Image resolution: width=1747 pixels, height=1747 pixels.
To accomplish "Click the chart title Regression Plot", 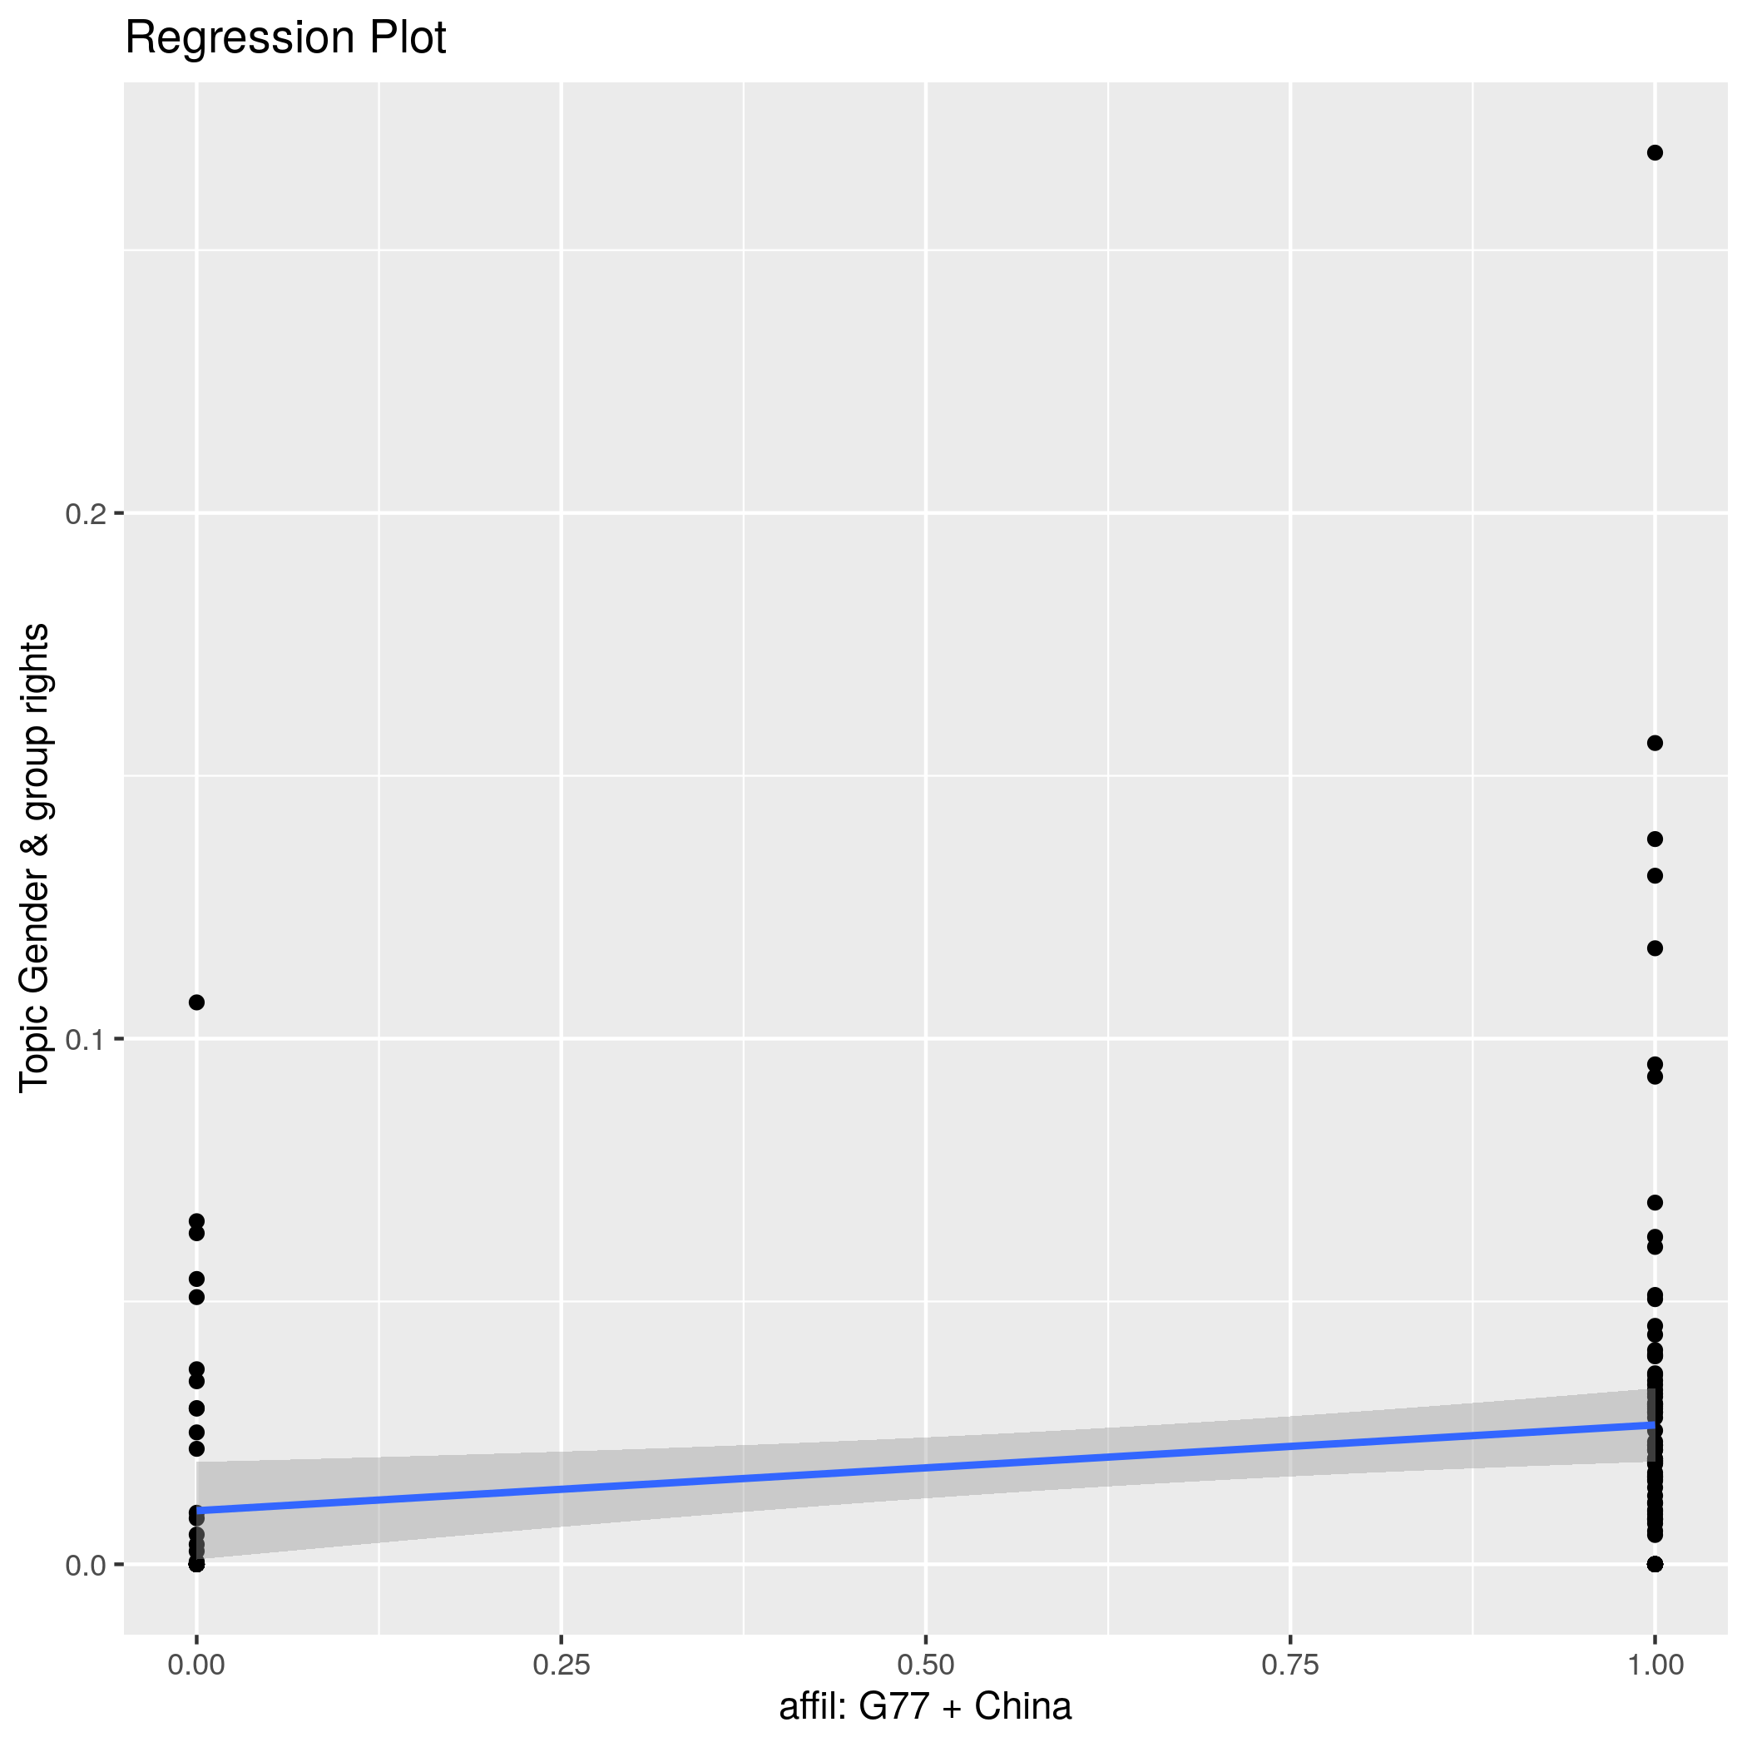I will (285, 39).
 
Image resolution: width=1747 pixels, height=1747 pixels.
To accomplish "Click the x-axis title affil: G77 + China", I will (925, 1706).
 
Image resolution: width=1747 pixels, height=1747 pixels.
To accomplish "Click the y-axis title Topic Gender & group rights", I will (35, 857).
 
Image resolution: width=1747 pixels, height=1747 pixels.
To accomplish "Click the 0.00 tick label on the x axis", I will (196, 1665).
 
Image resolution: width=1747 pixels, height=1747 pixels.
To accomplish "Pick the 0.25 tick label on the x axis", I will (561, 1665).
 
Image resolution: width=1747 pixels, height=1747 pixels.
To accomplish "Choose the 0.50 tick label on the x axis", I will (925, 1665).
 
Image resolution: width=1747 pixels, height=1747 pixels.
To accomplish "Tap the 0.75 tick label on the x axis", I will (1289, 1665).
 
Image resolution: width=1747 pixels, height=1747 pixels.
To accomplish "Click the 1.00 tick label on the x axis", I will (1655, 1665).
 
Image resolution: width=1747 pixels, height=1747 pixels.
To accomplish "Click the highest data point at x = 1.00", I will (1655, 153).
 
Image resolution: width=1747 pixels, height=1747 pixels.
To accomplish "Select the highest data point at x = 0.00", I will (196, 1002).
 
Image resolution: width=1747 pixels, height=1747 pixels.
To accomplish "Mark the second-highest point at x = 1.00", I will (1655, 743).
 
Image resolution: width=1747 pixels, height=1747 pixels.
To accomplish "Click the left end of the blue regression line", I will (198, 1510).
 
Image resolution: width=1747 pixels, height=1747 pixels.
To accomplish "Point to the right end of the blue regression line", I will (1653, 1425).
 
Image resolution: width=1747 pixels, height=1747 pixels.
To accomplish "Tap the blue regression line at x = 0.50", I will (925, 1467).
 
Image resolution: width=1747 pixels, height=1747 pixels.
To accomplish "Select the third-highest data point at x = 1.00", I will (1655, 839).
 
